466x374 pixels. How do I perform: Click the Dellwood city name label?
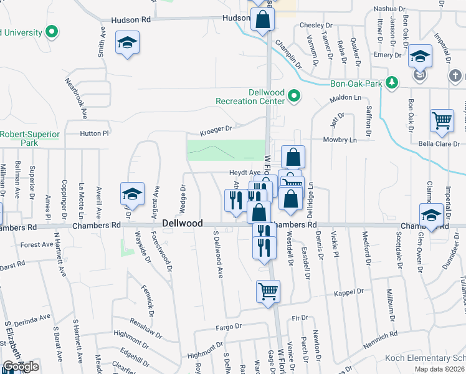[x=183, y=223]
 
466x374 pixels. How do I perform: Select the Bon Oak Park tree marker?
[x=391, y=83]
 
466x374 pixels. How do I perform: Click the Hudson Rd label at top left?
[x=131, y=20]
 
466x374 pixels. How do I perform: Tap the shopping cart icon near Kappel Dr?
[x=268, y=291]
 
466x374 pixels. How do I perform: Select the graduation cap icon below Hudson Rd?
[x=128, y=43]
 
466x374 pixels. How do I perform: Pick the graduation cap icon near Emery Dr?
[x=421, y=57]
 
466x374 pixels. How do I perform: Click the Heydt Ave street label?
[x=244, y=173]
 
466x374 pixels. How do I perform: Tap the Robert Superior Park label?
[x=30, y=138]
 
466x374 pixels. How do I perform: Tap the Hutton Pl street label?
[x=94, y=133]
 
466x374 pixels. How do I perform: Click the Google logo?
[x=20, y=367]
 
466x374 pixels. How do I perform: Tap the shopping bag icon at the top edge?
[x=262, y=20]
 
